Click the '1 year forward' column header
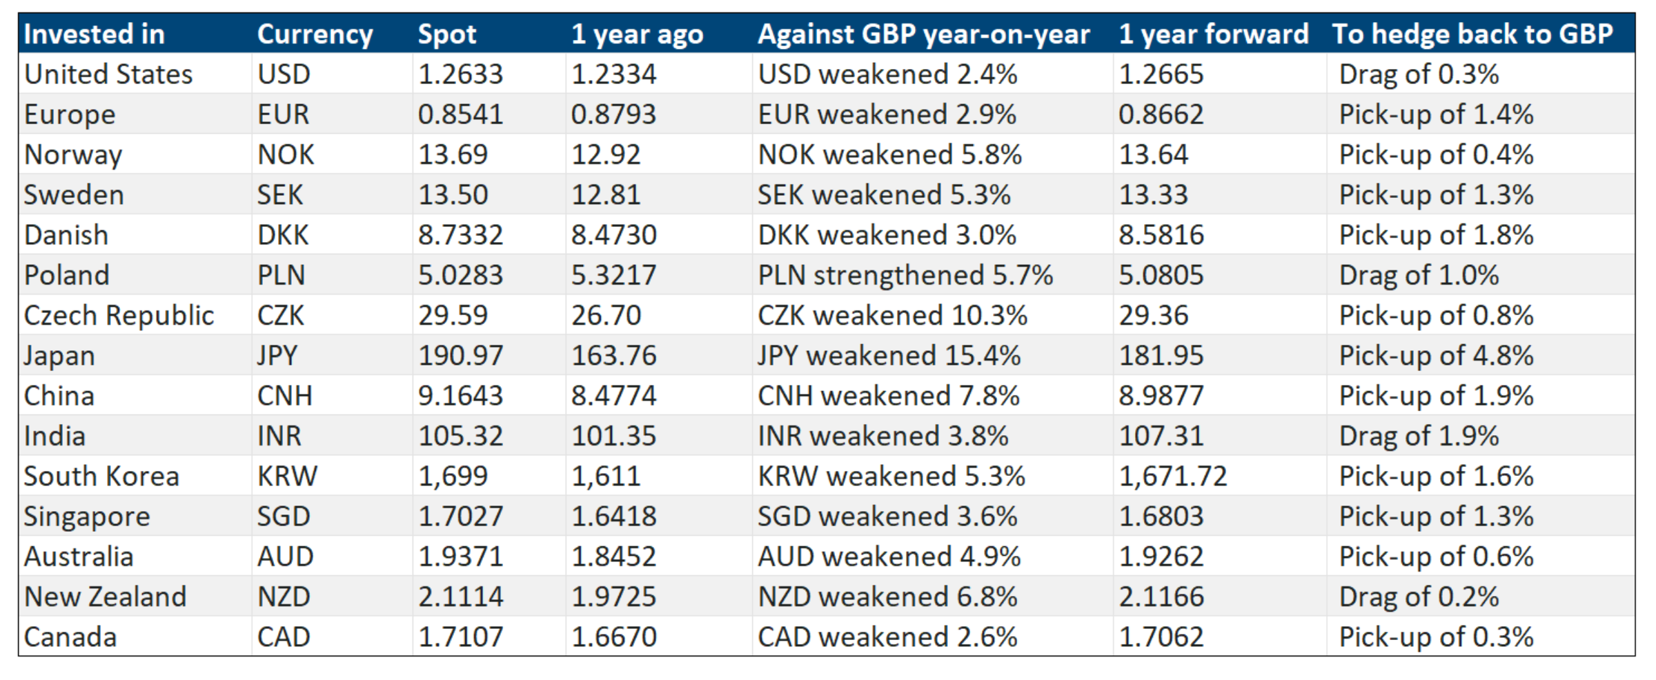click(x=1213, y=34)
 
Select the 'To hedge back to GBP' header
click(x=1472, y=34)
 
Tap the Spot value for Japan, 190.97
click(x=461, y=356)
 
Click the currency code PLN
click(x=281, y=275)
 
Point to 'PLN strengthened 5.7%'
click(x=905, y=275)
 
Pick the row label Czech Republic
click(x=119, y=316)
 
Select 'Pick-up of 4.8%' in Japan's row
click(x=1436, y=356)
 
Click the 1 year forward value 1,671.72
click(x=1172, y=477)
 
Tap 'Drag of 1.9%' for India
click(x=1419, y=436)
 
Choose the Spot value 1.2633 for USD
click(x=461, y=74)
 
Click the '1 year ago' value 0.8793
click(x=613, y=114)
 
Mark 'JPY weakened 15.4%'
click(x=889, y=356)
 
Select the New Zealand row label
click(x=105, y=597)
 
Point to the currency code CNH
click(x=284, y=396)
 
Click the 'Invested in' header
click(x=95, y=34)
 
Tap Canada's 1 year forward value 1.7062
click(x=1161, y=637)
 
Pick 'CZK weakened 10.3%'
click(x=892, y=316)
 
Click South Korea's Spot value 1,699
click(x=453, y=477)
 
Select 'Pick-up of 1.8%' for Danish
click(x=1436, y=235)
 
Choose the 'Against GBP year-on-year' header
click(x=923, y=34)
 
